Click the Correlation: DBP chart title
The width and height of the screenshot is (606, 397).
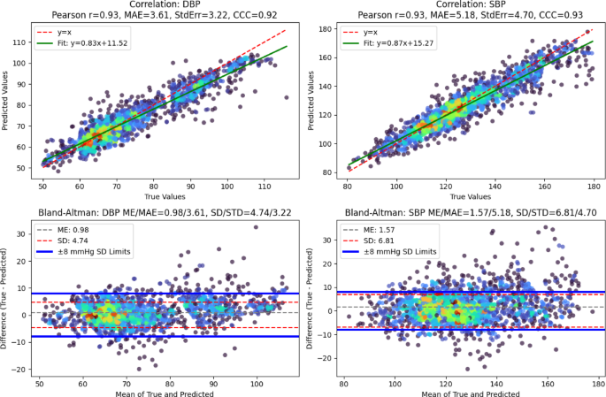pyautogui.click(x=165, y=4)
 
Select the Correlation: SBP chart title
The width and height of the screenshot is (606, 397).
pyautogui.click(x=471, y=4)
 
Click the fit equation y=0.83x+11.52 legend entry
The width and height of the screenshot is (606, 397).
pyautogui.click(x=92, y=43)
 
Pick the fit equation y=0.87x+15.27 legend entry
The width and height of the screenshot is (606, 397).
pyautogui.click(x=398, y=43)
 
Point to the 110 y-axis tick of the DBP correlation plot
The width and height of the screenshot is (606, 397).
pyautogui.click(x=19, y=42)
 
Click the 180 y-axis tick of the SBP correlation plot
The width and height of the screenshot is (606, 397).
pyautogui.click(x=326, y=29)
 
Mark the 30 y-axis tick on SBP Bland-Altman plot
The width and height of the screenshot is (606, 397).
pyautogui.click(x=327, y=240)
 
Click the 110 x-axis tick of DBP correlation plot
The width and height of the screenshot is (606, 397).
pyautogui.click(x=265, y=187)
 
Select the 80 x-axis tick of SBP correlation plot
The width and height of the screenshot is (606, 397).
pyautogui.click(x=347, y=187)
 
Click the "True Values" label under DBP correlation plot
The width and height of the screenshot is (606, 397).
pyautogui.click(x=165, y=196)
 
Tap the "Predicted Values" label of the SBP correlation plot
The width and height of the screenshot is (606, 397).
pyautogui.click(x=311, y=101)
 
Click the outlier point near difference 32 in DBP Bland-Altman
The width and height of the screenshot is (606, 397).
pyautogui.click(x=256, y=227)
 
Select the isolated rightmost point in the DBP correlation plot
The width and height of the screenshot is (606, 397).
pyautogui.click(x=287, y=98)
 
